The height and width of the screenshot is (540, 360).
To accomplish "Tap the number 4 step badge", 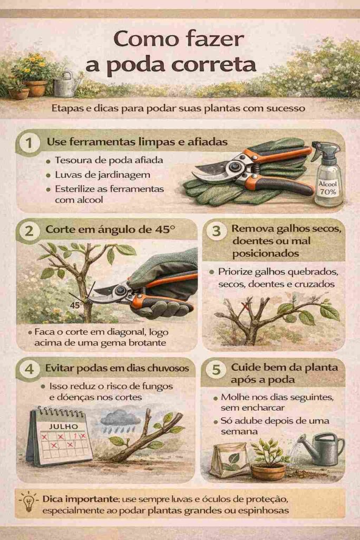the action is click(x=29, y=369).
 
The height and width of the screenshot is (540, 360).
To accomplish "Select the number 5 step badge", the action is click(x=216, y=369).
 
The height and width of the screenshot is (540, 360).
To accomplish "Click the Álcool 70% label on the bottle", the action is click(x=328, y=188).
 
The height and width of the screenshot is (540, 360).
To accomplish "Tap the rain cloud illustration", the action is click(x=121, y=419).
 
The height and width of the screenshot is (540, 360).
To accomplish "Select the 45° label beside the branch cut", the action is click(x=76, y=305).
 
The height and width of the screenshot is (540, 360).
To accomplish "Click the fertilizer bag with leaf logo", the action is click(x=230, y=460).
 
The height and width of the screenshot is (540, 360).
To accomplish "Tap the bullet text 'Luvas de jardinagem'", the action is click(x=103, y=175).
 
